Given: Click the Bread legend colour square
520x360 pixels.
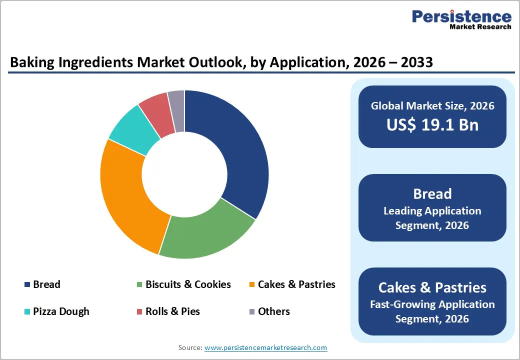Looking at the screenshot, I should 27,285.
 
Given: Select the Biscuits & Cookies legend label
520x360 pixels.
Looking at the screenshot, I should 188,284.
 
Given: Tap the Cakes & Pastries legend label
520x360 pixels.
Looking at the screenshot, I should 296,284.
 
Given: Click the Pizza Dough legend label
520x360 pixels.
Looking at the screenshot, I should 61,311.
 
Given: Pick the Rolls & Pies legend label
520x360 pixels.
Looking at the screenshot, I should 172,311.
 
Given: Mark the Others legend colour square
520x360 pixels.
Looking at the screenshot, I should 252,312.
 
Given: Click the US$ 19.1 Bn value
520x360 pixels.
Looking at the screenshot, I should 432,124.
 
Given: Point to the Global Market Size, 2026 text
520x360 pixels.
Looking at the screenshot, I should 432,105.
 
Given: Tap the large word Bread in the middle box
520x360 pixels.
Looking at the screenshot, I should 432,194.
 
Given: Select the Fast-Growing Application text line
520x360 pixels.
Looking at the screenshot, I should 432,304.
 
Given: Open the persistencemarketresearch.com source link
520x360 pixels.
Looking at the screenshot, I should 265,347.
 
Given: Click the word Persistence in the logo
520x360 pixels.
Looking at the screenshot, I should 461,16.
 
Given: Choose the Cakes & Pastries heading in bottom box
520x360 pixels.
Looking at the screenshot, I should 432,287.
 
